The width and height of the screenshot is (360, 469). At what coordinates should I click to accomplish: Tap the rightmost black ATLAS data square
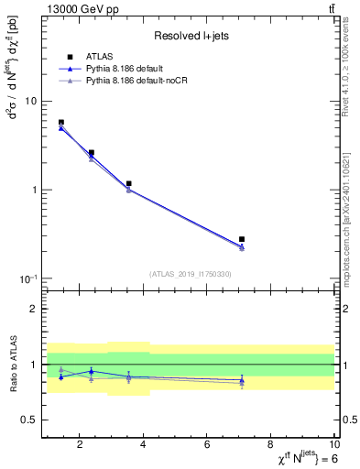(242, 239)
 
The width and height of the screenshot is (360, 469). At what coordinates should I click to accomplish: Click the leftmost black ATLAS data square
(61, 123)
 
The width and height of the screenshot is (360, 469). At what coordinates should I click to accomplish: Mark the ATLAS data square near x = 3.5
(129, 184)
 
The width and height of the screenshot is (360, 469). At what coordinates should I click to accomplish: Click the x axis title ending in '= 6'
(292, 459)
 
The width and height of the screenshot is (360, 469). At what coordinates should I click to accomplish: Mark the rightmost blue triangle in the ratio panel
(242, 379)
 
